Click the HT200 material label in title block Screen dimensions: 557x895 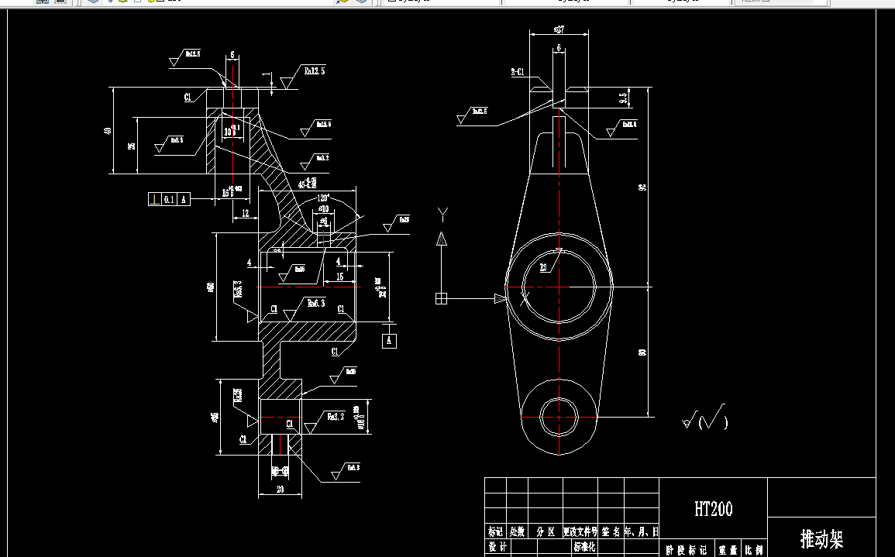(713, 509)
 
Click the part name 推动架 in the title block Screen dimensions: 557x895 (821, 539)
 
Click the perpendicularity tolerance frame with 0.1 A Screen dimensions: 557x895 (168, 199)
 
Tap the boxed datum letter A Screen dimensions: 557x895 (390, 340)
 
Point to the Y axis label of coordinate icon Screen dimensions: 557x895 (442, 213)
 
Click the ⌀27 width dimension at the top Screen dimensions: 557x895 (559, 29)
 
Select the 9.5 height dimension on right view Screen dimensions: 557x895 (623, 98)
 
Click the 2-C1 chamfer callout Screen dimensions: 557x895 (518, 71)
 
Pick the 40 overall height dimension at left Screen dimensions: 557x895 (108, 130)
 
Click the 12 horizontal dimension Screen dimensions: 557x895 (245, 212)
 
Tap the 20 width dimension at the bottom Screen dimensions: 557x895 (279, 490)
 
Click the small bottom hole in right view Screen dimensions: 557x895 (559, 417)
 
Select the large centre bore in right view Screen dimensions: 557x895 (559, 287)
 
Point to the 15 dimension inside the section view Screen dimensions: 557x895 (339, 277)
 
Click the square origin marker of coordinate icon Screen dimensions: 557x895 (442, 298)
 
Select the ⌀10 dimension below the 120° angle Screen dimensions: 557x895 (323, 208)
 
